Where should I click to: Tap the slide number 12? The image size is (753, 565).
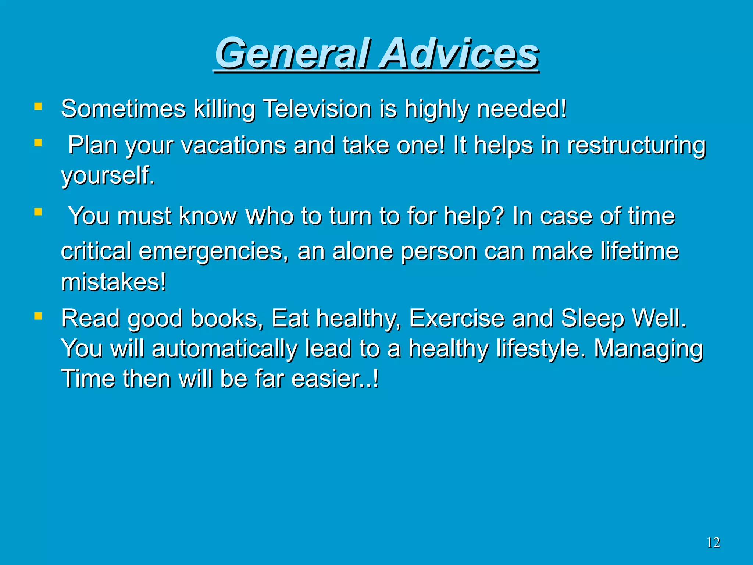pos(713,543)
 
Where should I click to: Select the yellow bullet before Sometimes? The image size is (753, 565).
pos(38,107)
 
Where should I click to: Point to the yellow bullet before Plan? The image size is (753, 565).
pos(38,143)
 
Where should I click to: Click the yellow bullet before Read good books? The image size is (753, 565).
pos(38,316)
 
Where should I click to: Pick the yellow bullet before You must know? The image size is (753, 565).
pos(38,212)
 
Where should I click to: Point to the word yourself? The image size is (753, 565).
pos(107,175)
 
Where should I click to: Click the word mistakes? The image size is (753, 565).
pos(113,282)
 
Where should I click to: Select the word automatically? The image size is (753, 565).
pos(224,349)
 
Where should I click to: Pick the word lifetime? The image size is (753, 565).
pos(639,251)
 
